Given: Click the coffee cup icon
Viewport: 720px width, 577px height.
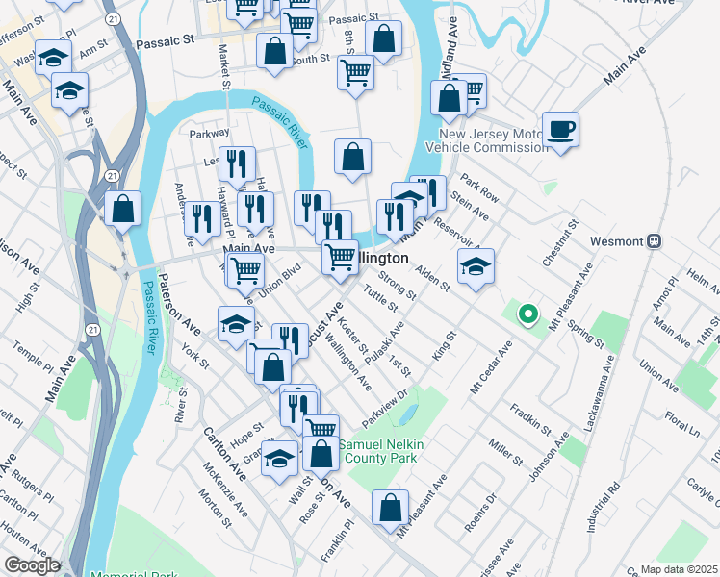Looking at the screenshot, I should click(560, 129).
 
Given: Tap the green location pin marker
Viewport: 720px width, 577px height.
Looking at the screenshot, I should click(527, 313).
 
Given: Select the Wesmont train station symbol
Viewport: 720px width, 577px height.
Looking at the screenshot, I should click(655, 240).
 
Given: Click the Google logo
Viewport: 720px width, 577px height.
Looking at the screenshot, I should click(31, 565).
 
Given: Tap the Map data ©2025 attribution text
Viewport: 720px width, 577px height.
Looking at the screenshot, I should click(679, 569).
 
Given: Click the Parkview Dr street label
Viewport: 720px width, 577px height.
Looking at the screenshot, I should click(386, 406).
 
